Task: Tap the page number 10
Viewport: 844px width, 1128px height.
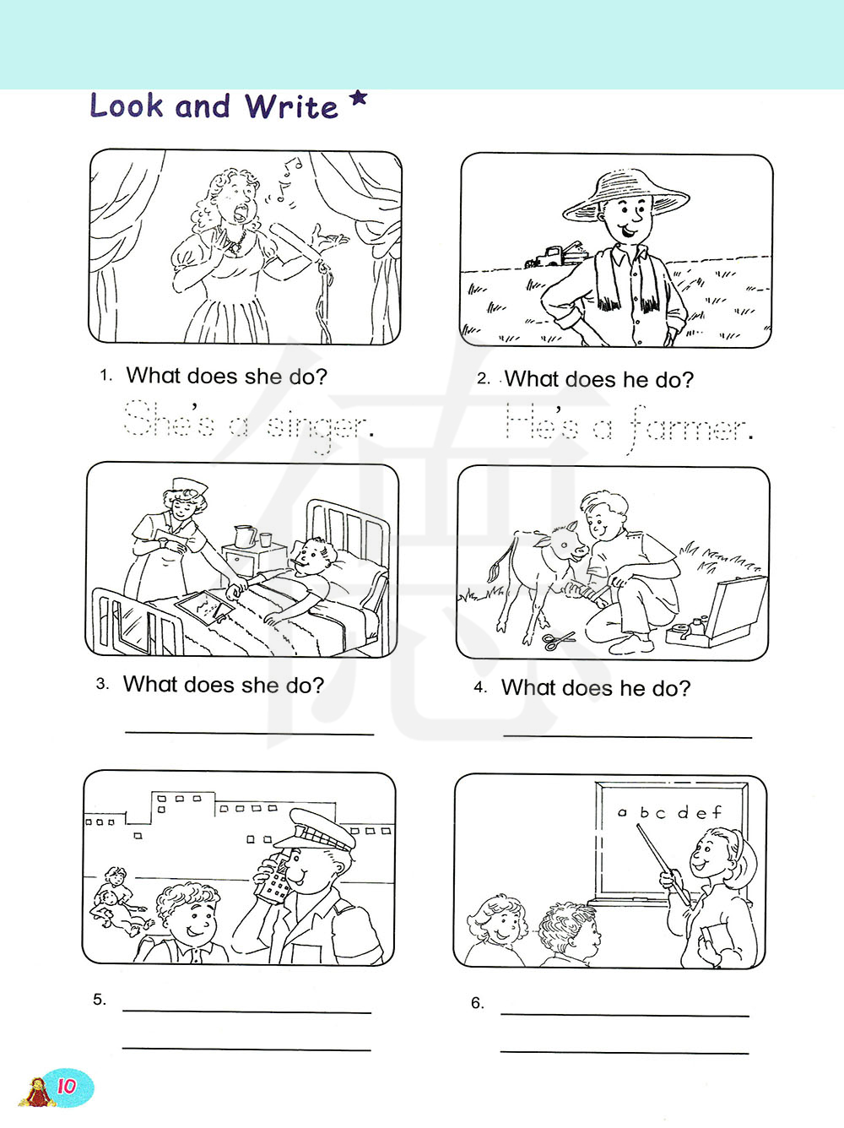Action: point(67,1087)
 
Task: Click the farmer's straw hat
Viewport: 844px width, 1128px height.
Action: point(625,195)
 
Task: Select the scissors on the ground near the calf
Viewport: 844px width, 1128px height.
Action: point(559,640)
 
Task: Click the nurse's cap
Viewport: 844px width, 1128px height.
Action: point(190,485)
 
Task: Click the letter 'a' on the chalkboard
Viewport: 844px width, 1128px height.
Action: point(623,812)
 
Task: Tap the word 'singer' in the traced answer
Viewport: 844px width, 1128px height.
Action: point(317,427)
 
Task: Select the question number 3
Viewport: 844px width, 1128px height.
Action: point(101,684)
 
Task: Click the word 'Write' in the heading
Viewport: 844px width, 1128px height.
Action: point(290,106)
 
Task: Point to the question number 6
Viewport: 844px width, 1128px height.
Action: point(477,1002)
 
